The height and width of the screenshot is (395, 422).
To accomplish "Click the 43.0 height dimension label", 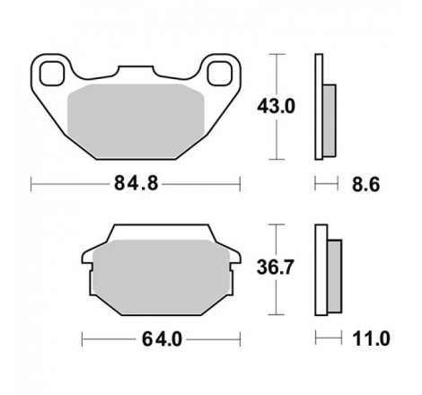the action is coord(276,107).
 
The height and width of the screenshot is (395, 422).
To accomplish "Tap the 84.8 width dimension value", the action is coord(136,183).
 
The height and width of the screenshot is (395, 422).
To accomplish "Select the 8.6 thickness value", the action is coord(365,184).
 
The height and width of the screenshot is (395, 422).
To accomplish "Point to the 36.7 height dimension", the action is coord(275,268).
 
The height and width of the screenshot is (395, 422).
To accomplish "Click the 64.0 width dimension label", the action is coord(162,339).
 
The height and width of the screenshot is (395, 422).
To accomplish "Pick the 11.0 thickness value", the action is coord(371,338).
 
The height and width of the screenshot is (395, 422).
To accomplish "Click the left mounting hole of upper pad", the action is coord(52,74).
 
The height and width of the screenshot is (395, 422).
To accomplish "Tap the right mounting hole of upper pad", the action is coord(220,74).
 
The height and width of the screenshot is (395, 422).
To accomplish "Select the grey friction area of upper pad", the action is coord(136,121).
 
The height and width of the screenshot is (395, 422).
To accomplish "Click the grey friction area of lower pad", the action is coord(162,276).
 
